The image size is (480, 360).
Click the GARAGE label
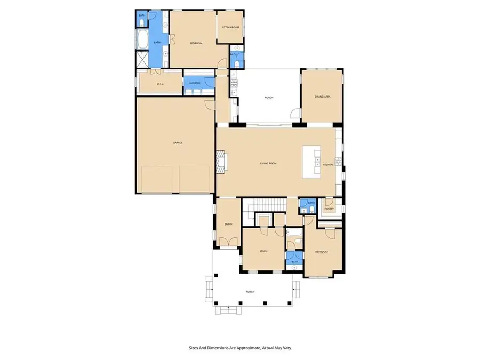tap(178, 142)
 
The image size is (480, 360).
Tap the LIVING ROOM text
tap(268, 163)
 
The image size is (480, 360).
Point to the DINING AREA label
tap(323, 97)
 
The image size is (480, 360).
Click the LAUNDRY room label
tap(194, 83)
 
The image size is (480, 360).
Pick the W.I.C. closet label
tap(159, 84)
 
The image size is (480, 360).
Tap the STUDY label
tap(263, 251)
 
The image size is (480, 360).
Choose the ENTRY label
tap(228, 224)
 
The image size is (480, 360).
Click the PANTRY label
tap(329, 209)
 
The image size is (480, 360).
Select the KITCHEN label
tap(327, 164)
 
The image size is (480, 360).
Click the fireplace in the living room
tap(221, 162)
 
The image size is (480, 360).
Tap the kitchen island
tap(310, 162)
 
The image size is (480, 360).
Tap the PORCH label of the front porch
tap(250, 292)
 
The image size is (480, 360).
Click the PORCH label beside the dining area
tap(269, 97)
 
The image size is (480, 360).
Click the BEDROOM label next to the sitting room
tap(196, 43)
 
